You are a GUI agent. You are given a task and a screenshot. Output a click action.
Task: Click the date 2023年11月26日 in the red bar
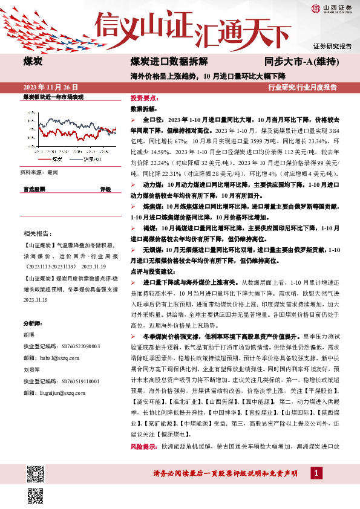[47, 87]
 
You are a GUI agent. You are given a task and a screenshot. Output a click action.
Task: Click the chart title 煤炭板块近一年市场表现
[53, 97]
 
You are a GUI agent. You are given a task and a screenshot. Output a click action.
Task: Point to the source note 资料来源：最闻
[40, 173]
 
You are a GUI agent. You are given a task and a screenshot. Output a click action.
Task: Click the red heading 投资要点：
[145, 98]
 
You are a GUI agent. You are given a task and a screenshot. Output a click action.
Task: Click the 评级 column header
[105, 190]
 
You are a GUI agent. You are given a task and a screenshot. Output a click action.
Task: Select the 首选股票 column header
[34, 190]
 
